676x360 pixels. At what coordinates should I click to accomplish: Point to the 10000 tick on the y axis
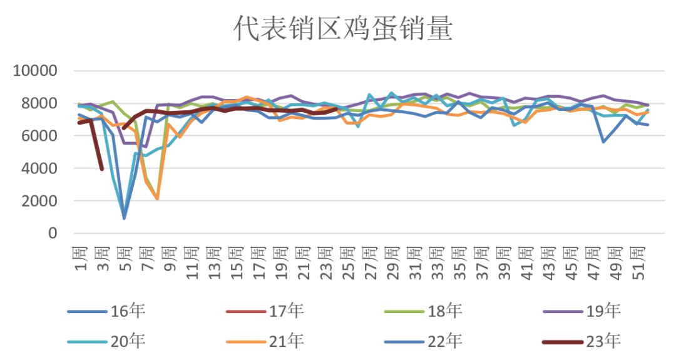click(35, 71)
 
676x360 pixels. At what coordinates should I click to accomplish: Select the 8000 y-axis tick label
click(39, 103)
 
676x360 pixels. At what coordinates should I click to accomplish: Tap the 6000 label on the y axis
click(39, 136)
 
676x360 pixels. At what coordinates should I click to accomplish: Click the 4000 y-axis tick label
click(39, 168)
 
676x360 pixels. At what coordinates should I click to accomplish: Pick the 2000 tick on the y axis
click(39, 201)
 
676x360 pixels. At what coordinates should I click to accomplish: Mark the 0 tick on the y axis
click(52, 234)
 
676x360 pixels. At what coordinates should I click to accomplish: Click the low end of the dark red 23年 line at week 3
click(102, 169)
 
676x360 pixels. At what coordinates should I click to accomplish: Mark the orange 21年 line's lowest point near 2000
click(157, 199)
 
